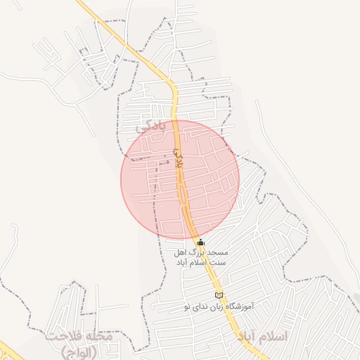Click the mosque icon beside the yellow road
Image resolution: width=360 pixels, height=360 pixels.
coord(200,243)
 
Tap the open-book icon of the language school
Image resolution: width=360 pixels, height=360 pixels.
coord(219,295)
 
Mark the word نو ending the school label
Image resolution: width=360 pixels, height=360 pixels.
coord(188,307)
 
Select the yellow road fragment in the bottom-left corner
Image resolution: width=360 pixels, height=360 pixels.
coord(8,351)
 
